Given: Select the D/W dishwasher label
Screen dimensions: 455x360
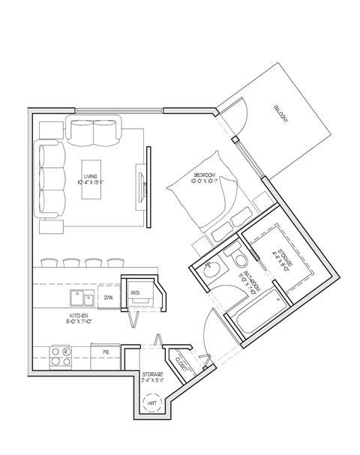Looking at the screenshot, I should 108,298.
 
